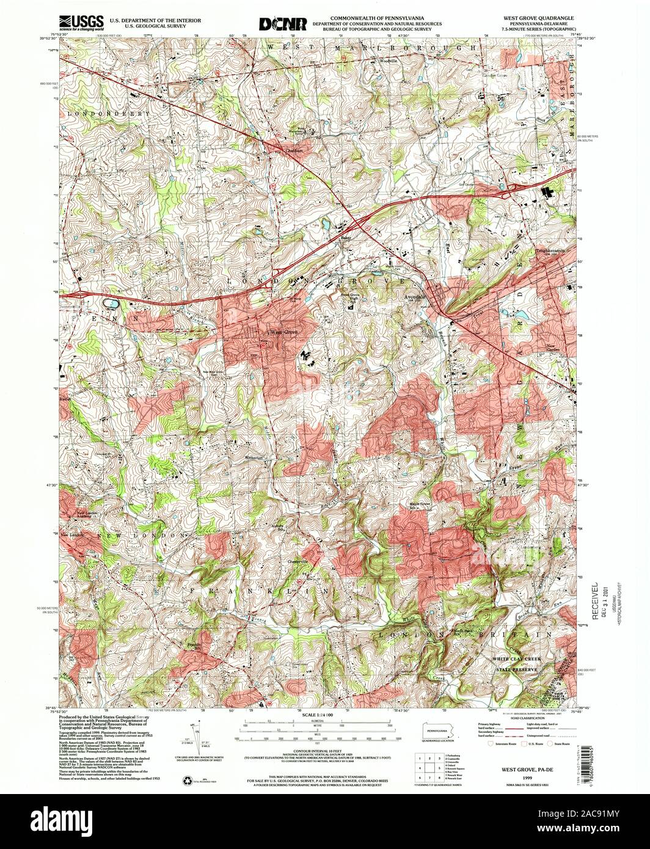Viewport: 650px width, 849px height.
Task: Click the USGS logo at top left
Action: point(79,23)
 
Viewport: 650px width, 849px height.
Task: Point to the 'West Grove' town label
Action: point(285,332)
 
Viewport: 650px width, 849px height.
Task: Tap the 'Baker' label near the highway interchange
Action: point(347,238)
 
